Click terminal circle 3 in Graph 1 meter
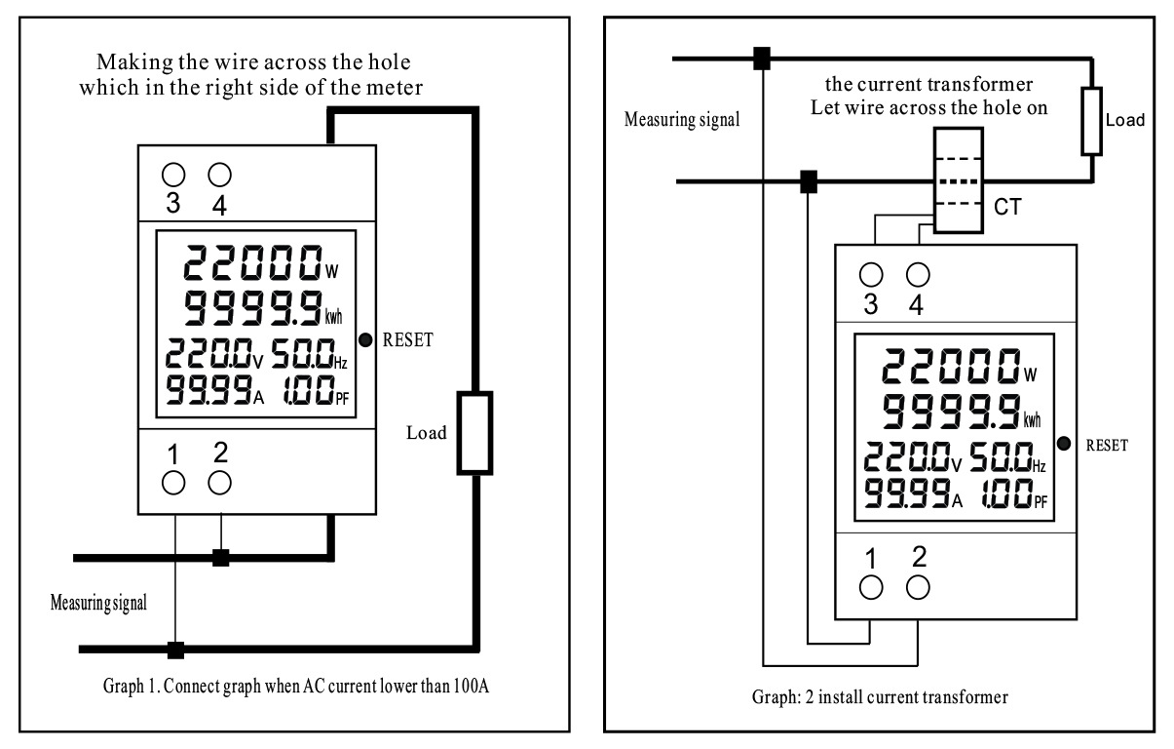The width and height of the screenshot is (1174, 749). [x=173, y=175]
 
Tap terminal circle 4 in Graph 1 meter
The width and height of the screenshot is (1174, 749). [x=220, y=175]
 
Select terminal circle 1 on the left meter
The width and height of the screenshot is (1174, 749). [x=173, y=482]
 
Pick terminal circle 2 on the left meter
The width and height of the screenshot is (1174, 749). [x=220, y=482]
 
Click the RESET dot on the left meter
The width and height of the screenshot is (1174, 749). [x=364, y=340]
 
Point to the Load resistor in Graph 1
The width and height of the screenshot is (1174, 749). [x=475, y=433]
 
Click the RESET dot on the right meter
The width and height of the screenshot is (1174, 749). [x=1065, y=445]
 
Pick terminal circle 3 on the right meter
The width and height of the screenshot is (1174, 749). [x=871, y=274]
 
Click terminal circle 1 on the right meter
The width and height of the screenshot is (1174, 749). [x=871, y=586]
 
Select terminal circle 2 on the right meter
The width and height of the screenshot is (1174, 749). [x=918, y=586]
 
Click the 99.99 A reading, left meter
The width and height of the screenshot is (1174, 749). [x=205, y=391]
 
